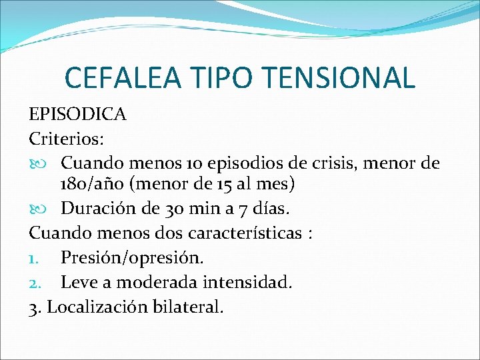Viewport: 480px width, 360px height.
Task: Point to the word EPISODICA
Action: click(x=77, y=114)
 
